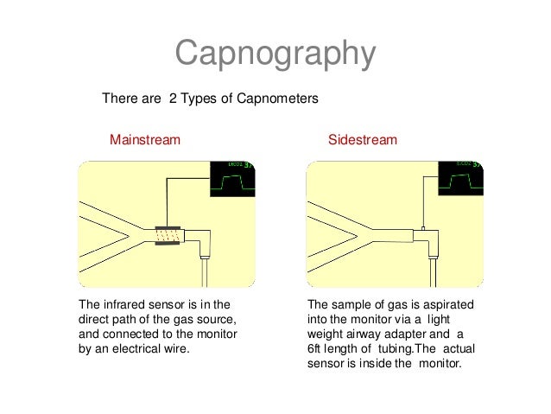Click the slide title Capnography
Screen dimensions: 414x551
275,54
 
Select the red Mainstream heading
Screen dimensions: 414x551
144,139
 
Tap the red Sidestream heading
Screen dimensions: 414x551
363,139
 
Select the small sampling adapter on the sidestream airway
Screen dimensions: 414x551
421,232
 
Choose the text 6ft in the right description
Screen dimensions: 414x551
317,349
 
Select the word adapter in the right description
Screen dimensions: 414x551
408,334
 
